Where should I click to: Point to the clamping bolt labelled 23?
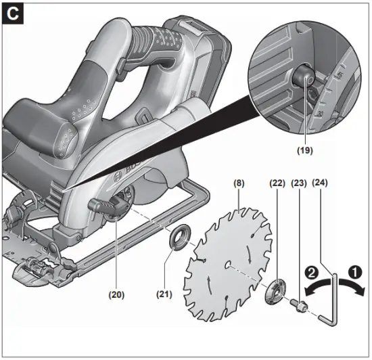[298, 307]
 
